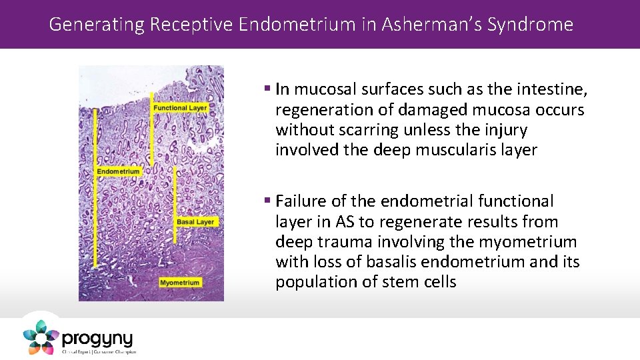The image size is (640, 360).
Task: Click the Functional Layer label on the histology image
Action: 180,108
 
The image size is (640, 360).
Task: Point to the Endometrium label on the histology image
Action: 119,171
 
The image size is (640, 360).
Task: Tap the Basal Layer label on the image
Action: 195,222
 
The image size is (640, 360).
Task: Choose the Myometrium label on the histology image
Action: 179,283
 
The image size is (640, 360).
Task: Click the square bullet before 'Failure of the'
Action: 267,201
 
